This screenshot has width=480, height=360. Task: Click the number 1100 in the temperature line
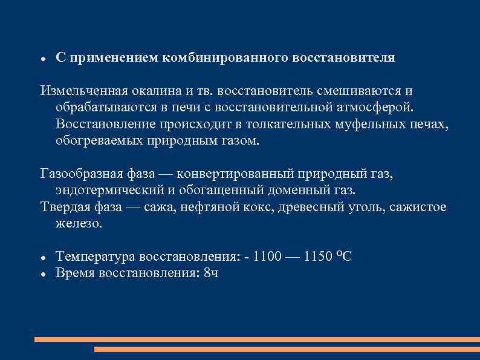[x=267, y=257]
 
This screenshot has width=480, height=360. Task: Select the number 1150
[x=319, y=257]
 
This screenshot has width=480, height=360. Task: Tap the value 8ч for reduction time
[x=211, y=273]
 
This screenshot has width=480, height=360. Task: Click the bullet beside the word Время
[x=43, y=274]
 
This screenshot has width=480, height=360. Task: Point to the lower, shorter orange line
[x=287, y=349]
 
